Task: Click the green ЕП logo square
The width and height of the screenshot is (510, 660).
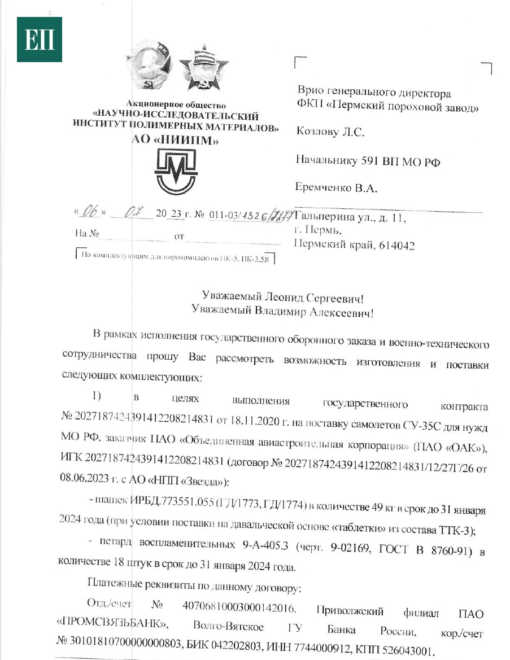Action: (x=39, y=40)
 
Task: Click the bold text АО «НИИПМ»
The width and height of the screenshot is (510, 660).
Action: (x=175, y=141)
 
